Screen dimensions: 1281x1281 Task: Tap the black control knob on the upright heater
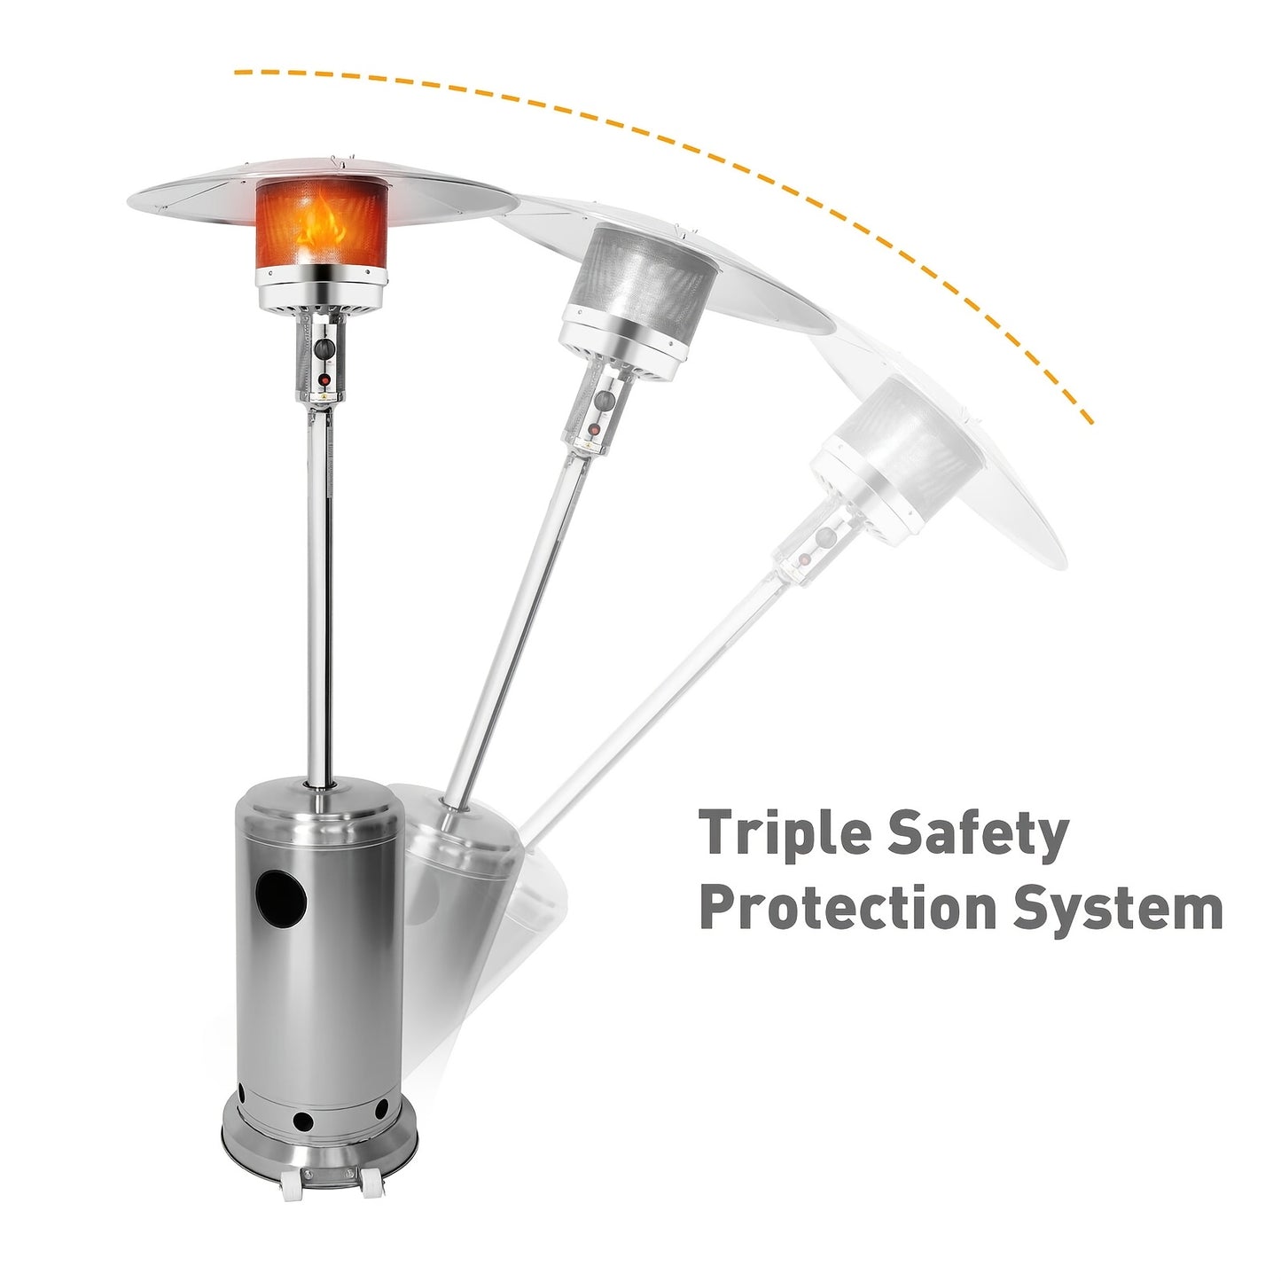[x=325, y=348]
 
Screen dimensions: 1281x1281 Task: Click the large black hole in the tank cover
[x=282, y=898]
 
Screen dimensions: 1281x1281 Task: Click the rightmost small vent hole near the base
[x=381, y=1108]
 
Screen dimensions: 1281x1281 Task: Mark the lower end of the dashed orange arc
[x=1089, y=420]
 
